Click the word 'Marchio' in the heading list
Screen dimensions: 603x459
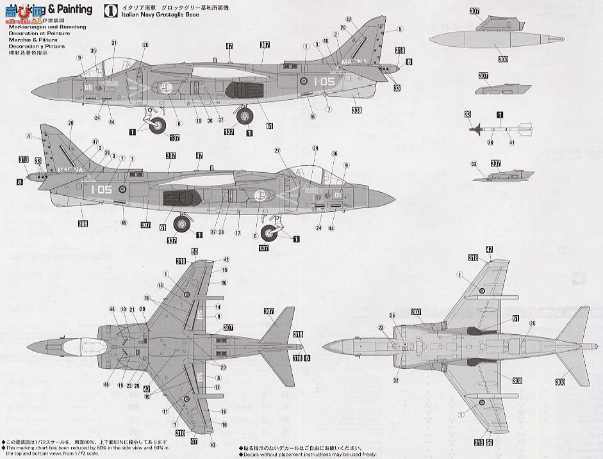[x=24, y=39]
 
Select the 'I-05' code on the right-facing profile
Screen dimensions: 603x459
[x=101, y=189]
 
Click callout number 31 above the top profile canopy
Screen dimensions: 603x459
[x=114, y=43]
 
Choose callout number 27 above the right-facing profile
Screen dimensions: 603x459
[x=278, y=150]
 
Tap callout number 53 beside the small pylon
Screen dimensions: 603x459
[x=474, y=165]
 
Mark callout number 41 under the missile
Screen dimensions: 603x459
[x=512, y=143]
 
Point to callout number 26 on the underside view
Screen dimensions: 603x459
[x=531, y=323]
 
